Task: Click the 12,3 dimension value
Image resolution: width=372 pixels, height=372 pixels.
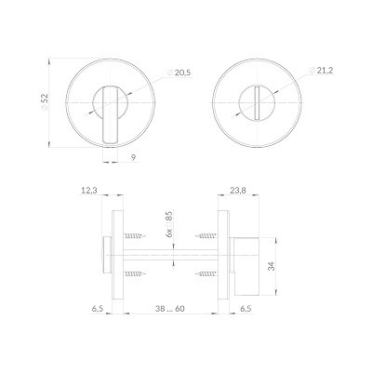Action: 89,191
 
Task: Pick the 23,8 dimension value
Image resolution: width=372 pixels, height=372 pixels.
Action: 236,191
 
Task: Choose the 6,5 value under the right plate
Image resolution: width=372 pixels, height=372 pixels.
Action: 246,308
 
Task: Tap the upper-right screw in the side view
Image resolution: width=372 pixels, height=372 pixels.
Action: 207,237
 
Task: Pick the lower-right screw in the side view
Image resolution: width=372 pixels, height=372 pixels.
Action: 207,273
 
